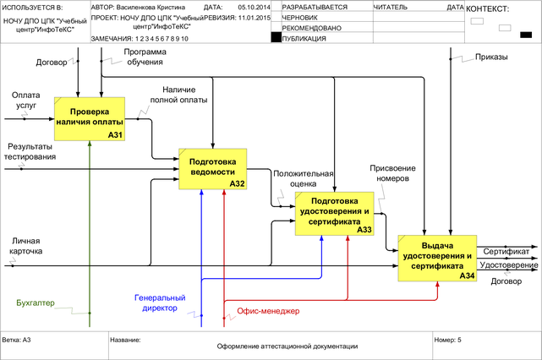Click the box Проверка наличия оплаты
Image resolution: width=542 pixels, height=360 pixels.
pyautogui.click(x=90, y=118)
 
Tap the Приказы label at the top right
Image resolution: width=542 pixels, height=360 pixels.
pyautogui.click(x=491, y=57)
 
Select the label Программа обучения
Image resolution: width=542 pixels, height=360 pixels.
pyautogui.click(x=145, y=57)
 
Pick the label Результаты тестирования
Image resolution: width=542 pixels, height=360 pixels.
pyautogui.click(x=30, y=151)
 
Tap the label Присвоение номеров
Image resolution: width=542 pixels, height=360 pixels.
pyautogui.click(x=390, y=172)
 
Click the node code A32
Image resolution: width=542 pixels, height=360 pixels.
pyautogui.click(x=238, y=183)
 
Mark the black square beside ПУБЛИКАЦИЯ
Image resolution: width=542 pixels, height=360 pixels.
pyautogui.click(x=276, y=37)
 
